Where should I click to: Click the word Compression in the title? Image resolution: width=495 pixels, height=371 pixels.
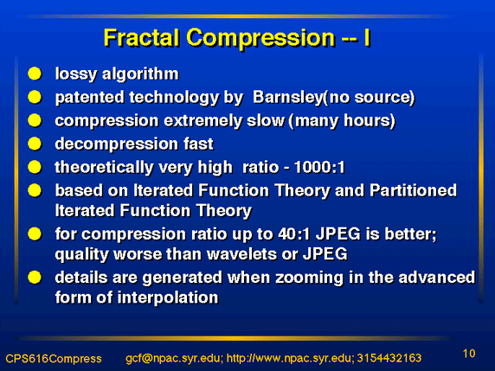(x=260, y=39)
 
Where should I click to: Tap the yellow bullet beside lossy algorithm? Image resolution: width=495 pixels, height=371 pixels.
(x=35, y=74)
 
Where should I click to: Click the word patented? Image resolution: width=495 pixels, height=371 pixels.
(x=89, y=98)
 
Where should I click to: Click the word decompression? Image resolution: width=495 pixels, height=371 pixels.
(x=116, y=144)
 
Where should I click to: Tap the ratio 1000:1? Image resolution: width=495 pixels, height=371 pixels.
(x=319, y=167)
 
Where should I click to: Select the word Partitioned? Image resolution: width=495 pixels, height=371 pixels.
(x=413, y=190)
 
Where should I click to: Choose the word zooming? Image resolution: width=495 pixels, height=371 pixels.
(x=309, y=278)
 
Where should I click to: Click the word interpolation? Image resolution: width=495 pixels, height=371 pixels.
(x=168, y=297)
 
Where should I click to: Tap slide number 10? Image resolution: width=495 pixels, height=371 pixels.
(x=469, y=354)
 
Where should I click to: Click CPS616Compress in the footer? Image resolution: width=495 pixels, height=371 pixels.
(x=54, y=359)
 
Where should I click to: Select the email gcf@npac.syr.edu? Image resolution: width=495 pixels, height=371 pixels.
(x=174, y=358)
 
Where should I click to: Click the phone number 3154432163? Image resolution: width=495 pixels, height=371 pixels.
(x=389, y=358)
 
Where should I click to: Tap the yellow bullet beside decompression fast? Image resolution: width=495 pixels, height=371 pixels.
(x=35, y=144)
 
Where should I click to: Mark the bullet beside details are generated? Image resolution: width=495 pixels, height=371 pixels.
(x=35, y=278)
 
